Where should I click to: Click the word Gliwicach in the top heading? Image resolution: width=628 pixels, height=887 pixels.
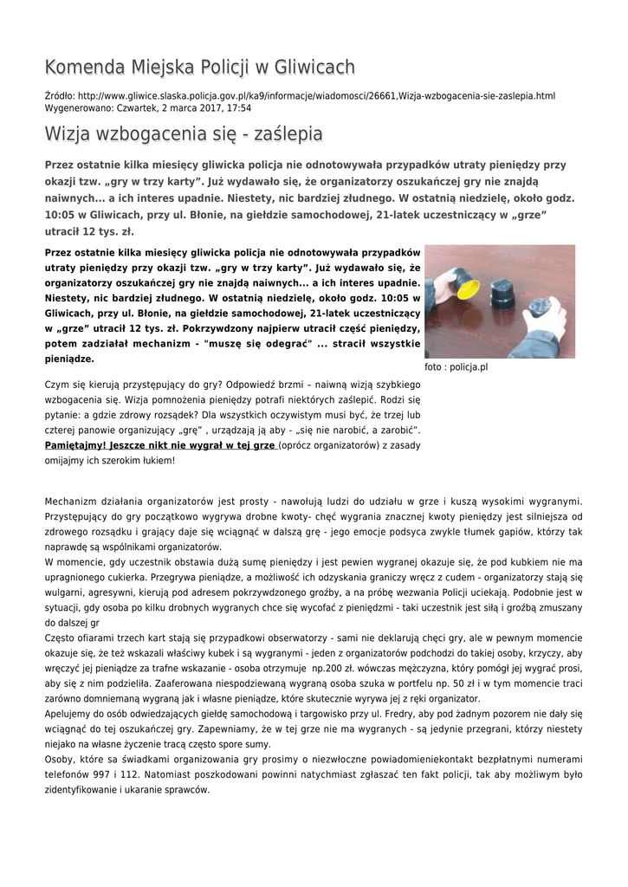[304, 68]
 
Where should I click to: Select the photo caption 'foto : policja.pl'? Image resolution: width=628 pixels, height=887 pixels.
[456, 366]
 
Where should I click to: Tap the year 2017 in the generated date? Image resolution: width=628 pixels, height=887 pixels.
[192, 108]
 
